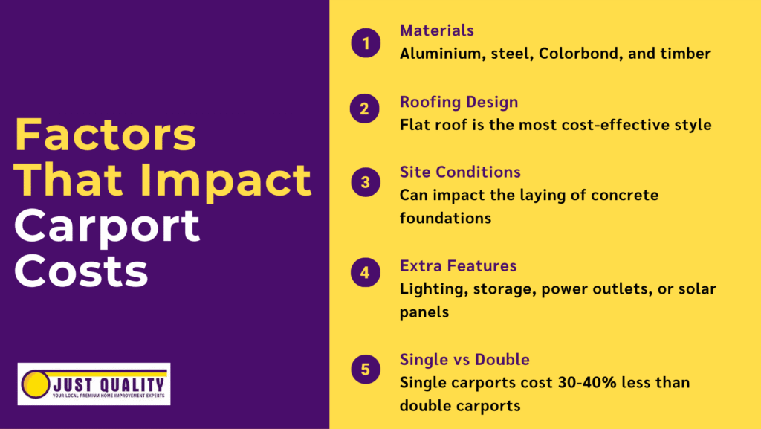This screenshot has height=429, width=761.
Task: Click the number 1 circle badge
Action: click(365, 43)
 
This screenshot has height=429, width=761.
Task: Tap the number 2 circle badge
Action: click(365, 110)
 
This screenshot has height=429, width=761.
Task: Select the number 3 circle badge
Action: click(365, 182)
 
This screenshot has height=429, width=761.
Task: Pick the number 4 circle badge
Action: click(365, 273)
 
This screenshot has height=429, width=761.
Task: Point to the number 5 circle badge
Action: click(365, 370)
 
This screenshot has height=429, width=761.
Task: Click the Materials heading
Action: click(437, 30)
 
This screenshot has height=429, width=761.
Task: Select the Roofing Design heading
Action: click(459, 102)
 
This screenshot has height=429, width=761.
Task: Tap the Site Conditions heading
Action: click(460, 172)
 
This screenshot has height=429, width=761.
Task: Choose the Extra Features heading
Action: click(458, 265)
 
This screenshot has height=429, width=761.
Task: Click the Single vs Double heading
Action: click(464, 360)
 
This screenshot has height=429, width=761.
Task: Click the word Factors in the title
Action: click(106, 136)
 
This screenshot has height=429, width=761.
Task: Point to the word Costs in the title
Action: click(81, 271)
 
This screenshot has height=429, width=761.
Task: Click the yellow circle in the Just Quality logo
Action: click(34, 384)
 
